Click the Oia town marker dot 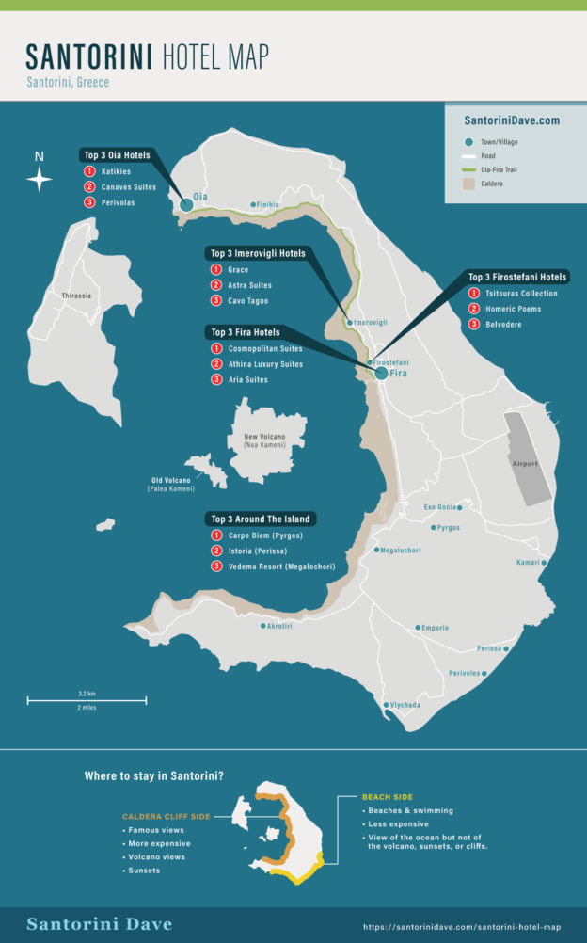pos(186,204)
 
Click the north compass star pos(39,179)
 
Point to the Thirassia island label pos(76,296)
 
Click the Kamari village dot pos(544,563)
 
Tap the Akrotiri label pos(279,626)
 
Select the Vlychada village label pos(406,705)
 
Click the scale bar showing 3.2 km pos(87,699)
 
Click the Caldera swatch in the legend pos(468,184)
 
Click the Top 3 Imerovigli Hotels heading pos(257,253)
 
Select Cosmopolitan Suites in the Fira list pos(265,349)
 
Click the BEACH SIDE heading pos(387,797)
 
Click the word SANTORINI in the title pos(89,58)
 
